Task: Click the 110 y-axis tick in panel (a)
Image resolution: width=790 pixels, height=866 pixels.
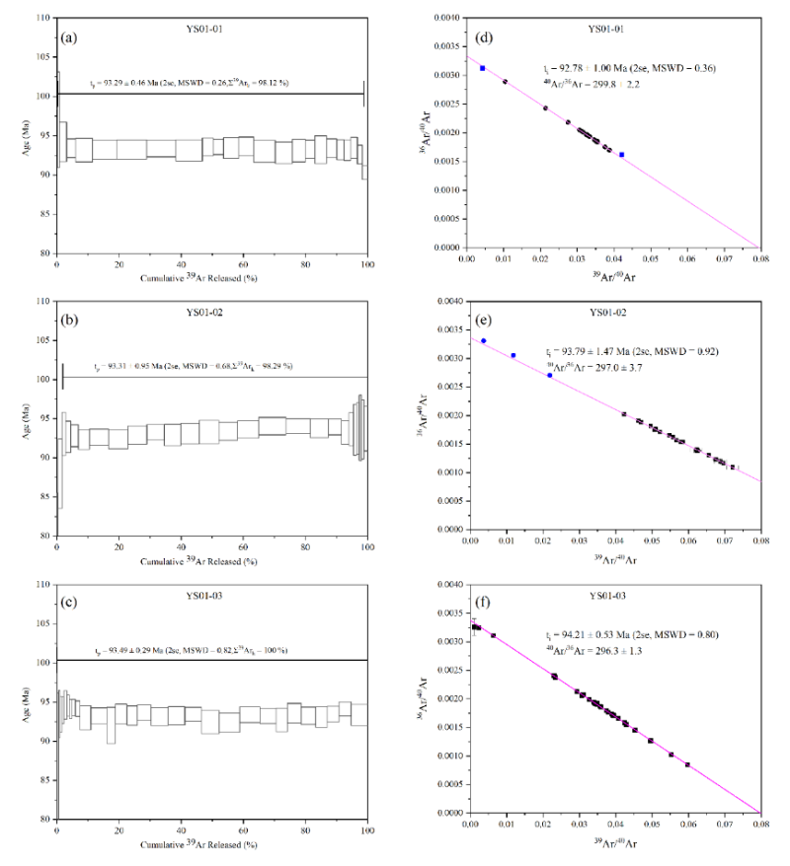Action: coord(44,19)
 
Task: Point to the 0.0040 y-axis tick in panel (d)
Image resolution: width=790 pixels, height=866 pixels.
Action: coord(450,19)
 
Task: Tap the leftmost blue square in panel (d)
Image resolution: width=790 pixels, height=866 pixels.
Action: coord(483,68)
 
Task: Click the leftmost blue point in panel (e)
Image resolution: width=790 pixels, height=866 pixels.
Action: coord(484,341)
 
